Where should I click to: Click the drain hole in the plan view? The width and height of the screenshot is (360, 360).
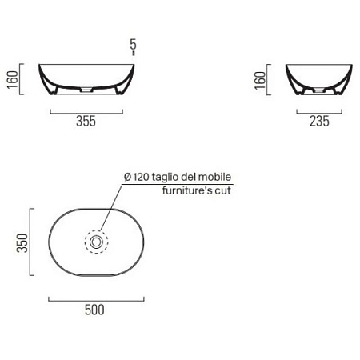coord(96,240)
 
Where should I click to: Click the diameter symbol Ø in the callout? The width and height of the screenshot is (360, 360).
coord(127,178)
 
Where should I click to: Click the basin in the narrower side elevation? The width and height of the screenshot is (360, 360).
coord(317,76)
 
